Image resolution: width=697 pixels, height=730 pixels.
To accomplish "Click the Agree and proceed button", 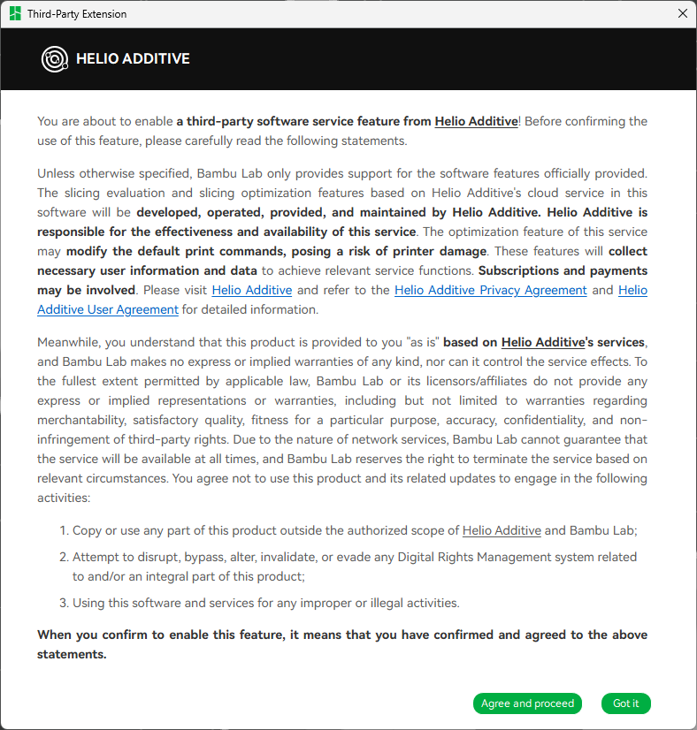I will (527, 703).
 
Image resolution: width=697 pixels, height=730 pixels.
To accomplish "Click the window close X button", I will (682, 13).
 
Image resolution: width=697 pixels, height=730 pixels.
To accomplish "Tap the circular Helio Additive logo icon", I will (55, 59).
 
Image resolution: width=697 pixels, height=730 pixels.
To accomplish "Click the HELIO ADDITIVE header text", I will (133, 59).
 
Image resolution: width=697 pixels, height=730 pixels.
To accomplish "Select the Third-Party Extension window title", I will (77, 14).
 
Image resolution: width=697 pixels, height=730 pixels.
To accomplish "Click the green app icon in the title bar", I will (15, 14).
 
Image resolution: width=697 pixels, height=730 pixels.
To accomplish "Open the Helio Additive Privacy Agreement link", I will (490, 290).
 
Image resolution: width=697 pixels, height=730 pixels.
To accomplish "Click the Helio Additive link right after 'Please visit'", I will (251, 290).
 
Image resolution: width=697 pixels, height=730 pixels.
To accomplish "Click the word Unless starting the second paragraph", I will (55, 173).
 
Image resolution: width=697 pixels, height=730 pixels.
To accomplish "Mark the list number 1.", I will (64, 530).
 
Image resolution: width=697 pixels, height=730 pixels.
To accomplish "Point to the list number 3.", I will (64, 603).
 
